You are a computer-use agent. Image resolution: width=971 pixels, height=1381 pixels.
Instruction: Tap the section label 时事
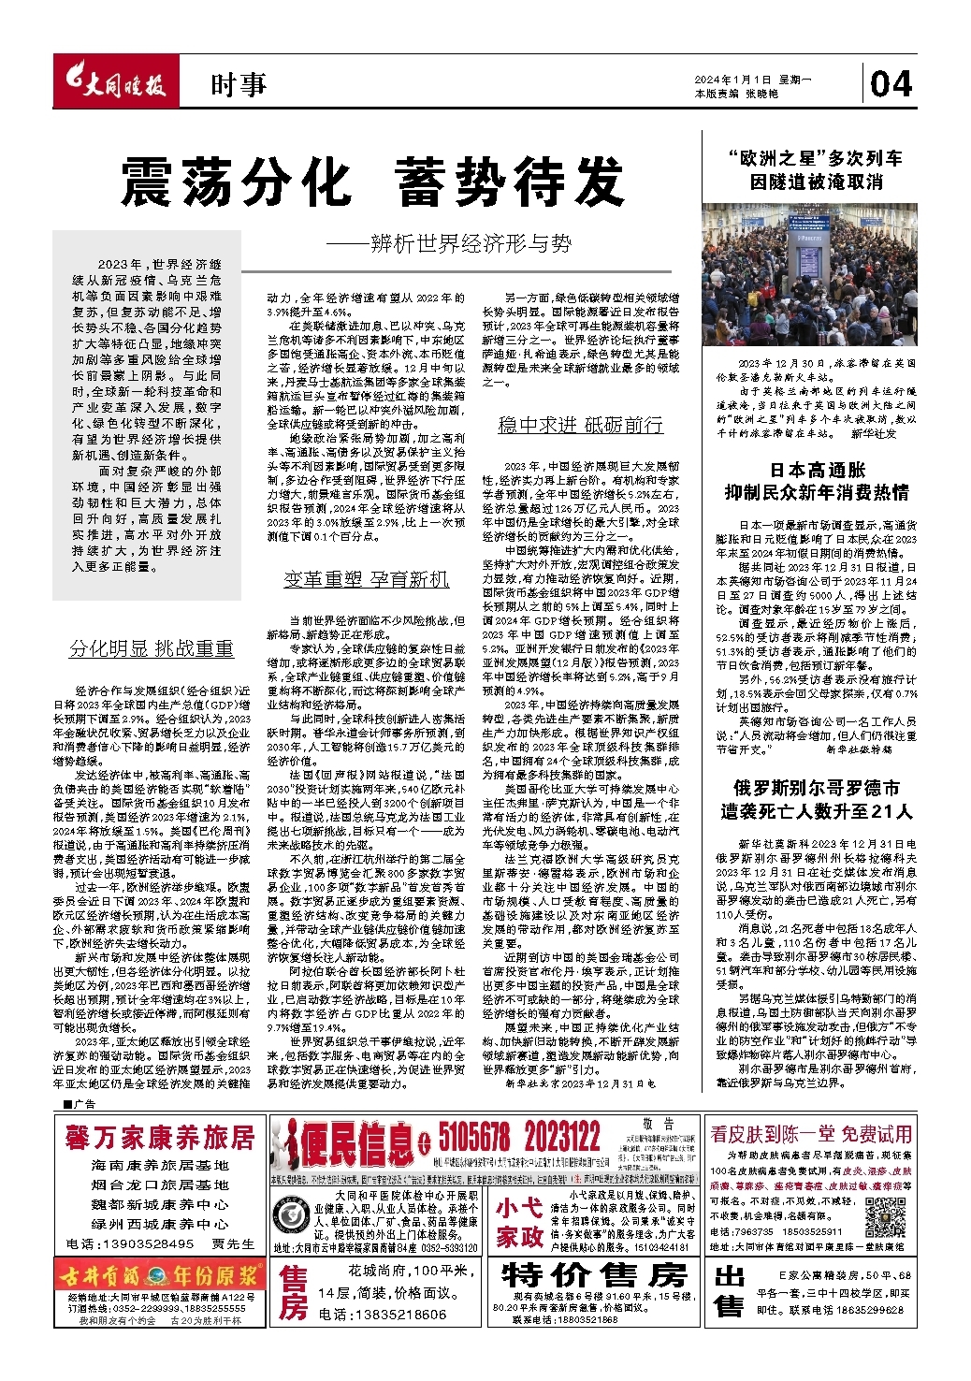[239, 85]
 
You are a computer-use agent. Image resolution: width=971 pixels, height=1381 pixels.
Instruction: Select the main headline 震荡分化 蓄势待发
[372, 182]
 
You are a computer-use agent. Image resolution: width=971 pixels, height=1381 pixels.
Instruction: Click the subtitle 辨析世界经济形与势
[449, 244]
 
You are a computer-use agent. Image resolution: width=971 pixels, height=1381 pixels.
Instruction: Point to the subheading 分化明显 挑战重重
[152, 648]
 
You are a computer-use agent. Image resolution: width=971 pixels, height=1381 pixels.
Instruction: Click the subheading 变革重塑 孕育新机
[367, 579]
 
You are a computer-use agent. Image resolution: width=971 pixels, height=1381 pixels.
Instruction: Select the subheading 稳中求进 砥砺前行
[580, 425]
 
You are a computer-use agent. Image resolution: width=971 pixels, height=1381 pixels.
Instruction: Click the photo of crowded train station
[809, 275]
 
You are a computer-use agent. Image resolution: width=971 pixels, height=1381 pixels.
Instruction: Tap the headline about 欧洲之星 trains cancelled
[816, 169]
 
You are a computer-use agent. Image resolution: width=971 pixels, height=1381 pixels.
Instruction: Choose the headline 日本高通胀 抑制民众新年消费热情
[817, 481]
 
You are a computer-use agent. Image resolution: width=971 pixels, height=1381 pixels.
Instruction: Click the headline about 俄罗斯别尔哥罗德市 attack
[816, 799]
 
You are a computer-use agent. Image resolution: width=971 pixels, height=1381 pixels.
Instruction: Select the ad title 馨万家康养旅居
[160, 1137]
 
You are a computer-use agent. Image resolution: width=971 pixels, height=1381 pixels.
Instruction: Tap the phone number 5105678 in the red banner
[474, 1138]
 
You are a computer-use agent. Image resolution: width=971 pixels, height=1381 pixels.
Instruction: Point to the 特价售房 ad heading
[594, 1274]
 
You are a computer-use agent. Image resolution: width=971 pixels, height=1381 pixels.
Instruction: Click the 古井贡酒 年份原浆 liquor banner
[159, 1275]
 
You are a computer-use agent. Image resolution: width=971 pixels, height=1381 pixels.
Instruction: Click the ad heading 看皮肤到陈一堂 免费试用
[811, 1134]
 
